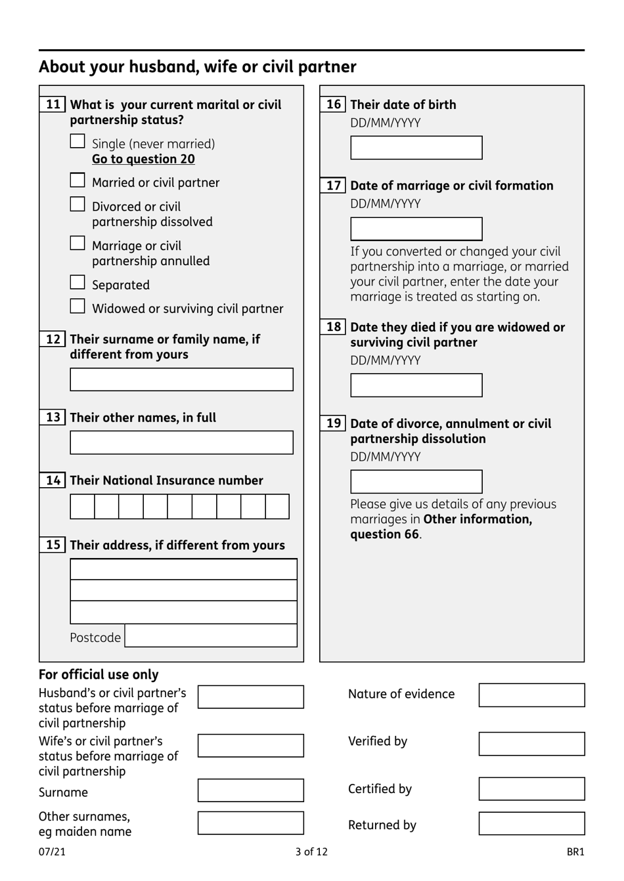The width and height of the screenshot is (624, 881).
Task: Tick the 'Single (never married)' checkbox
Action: click(78, 142)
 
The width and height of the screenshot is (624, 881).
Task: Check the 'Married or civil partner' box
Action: click(78, 181)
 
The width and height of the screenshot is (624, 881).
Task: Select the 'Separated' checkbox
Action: click(78, 283)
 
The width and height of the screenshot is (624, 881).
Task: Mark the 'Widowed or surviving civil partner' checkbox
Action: click(78, 307)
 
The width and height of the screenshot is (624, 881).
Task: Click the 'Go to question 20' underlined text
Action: click(143, 159)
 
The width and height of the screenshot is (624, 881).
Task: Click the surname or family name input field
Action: click(181, 379)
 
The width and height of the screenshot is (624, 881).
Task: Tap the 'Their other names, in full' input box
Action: click(181, 442)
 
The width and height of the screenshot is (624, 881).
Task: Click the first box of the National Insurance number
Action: click(82, 507)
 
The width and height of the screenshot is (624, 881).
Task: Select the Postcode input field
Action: click(211, 635)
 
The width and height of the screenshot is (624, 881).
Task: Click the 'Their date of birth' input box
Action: click(416, 148)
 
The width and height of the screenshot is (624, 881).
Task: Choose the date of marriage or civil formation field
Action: click(416, 229)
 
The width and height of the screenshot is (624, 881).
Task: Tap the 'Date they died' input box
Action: click(416, 385)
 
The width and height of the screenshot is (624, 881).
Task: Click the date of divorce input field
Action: click(416, 482)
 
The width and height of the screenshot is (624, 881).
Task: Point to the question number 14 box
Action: click(53, 481)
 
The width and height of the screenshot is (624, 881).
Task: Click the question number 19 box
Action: click(333, 423)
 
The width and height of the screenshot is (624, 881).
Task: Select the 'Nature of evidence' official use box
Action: click(531, 695)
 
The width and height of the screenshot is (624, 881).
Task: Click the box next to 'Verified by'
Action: click(531, 744)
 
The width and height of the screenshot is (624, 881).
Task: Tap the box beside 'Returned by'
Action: click(531, 823)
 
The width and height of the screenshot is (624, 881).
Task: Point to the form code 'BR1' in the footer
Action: click(575, 852)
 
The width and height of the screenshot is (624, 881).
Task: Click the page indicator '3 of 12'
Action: click(311, 852)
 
